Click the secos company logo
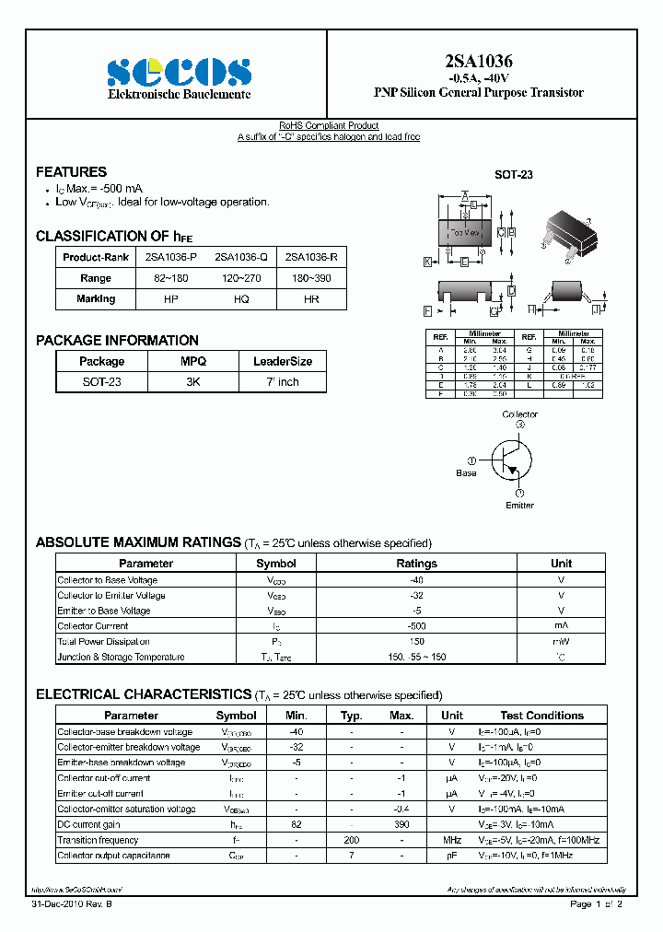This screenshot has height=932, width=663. (178, 72)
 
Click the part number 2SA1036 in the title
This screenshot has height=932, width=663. (478, 62)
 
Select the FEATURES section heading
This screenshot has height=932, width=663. (71, 172)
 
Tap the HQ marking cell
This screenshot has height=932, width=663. (241, 299)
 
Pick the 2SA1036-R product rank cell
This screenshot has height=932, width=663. (310, 257)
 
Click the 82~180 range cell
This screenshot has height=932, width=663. (170, 278)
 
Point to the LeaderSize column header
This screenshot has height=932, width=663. (283, 362)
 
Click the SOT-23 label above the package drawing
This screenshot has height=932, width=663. (514, 175)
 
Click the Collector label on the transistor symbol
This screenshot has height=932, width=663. (519, 414)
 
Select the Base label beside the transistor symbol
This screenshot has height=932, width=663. (467, 472)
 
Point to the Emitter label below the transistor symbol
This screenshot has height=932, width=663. (519, 505)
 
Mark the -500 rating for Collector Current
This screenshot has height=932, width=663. (416, 626)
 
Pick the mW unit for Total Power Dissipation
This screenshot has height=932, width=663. (561, 642)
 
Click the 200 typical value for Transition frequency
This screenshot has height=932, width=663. (350, 840)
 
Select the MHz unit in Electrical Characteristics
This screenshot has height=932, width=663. (451, 840)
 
